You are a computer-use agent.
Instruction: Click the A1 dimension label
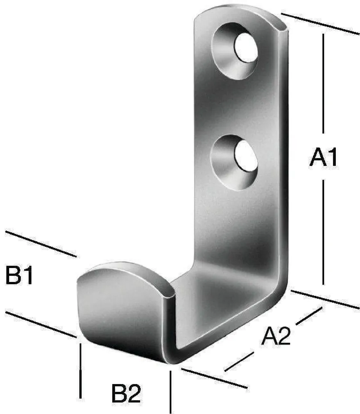323,157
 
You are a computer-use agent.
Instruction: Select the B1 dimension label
19,275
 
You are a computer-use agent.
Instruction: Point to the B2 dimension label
126,393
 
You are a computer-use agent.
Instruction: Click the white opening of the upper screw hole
246,48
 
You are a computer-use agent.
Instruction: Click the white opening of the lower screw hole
246,155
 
